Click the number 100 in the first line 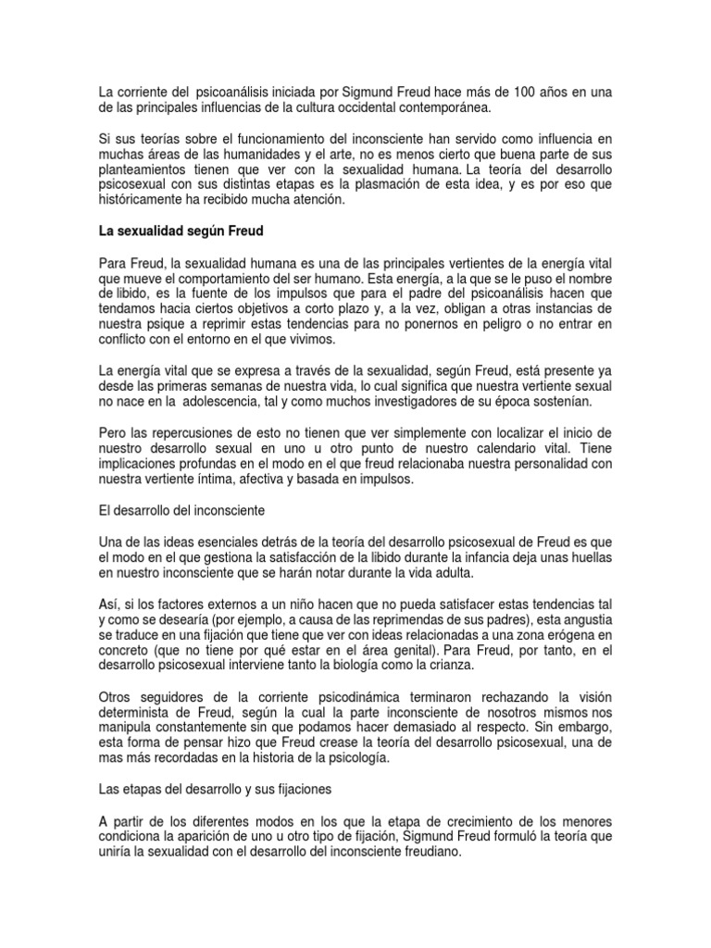[x=502, y=92]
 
